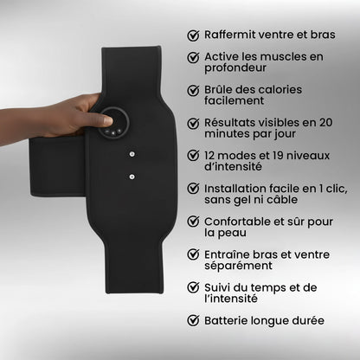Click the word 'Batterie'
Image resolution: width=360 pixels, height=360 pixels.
coord(230,320)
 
